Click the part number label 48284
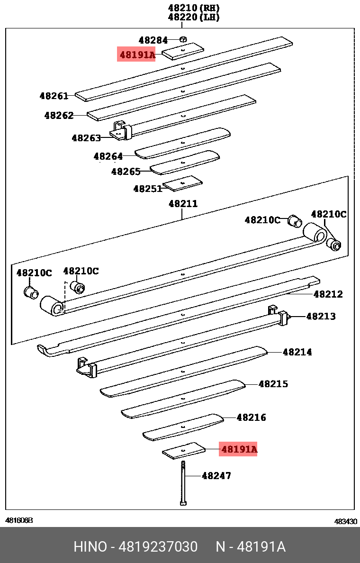tap(153, 40)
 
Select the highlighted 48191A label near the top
tap(137, 55)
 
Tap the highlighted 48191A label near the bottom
tap(238, 449)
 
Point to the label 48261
tap(54, 96)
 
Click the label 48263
tap(86, 138)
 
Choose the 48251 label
tap(148, 189)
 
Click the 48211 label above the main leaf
tap(183, 204)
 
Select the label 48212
tap(328, 294)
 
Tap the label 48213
tap(321, 316)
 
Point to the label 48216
tap(251, 418)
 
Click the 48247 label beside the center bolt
tap(216, 475)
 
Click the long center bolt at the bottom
tap(183, 483)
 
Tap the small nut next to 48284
tap(184, 40)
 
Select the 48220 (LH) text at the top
tap(194, 18)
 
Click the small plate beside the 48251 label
tap(183, 183)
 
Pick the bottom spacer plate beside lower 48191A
tap(184, 451)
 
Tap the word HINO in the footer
tap(90, 547)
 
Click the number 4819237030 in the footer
tap(157, 547)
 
